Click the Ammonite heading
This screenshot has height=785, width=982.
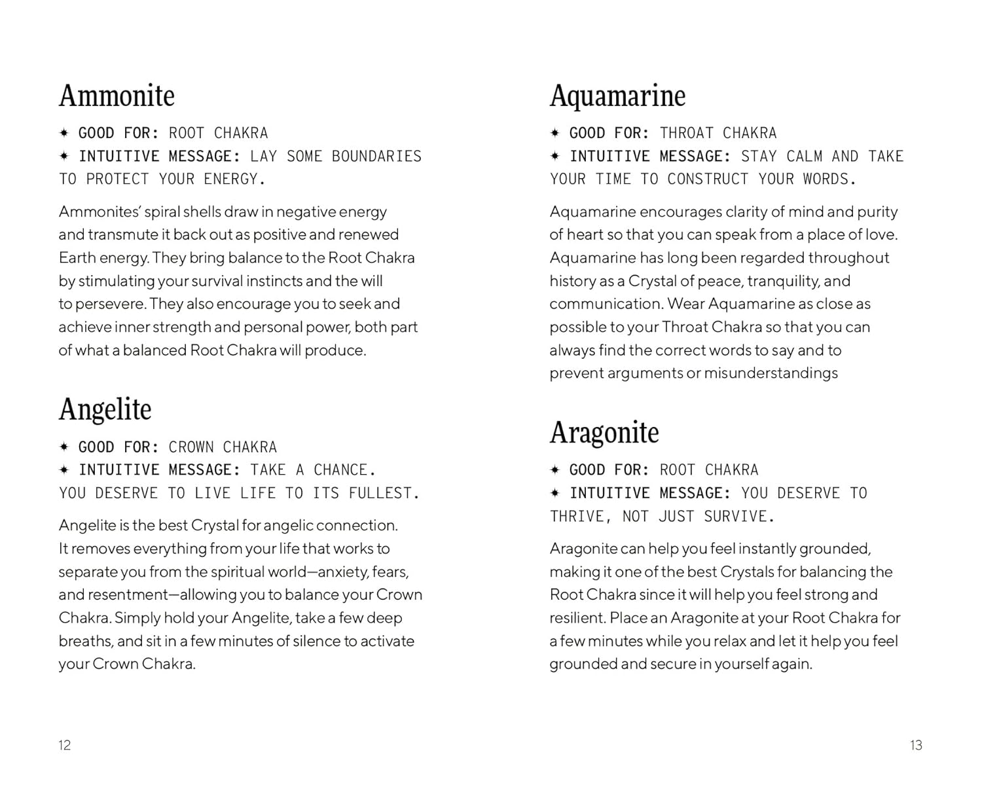[x=117, y=96]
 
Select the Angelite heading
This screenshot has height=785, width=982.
[x=105, y=409]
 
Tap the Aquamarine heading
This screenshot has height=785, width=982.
[x=617, y=96]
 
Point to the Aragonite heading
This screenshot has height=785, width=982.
[x=604, y=432]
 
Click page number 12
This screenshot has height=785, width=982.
[x=64, y=745]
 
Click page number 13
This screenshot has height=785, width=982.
[x=915, y=745]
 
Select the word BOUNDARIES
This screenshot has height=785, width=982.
[x=376, y=156]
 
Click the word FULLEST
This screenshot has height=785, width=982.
[x=384, y=493]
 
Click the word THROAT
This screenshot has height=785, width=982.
[x=686, y=134]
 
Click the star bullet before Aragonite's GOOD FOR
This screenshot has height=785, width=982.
[x=555, y=470]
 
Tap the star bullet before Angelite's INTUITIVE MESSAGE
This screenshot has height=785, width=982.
[x=64, y=470]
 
